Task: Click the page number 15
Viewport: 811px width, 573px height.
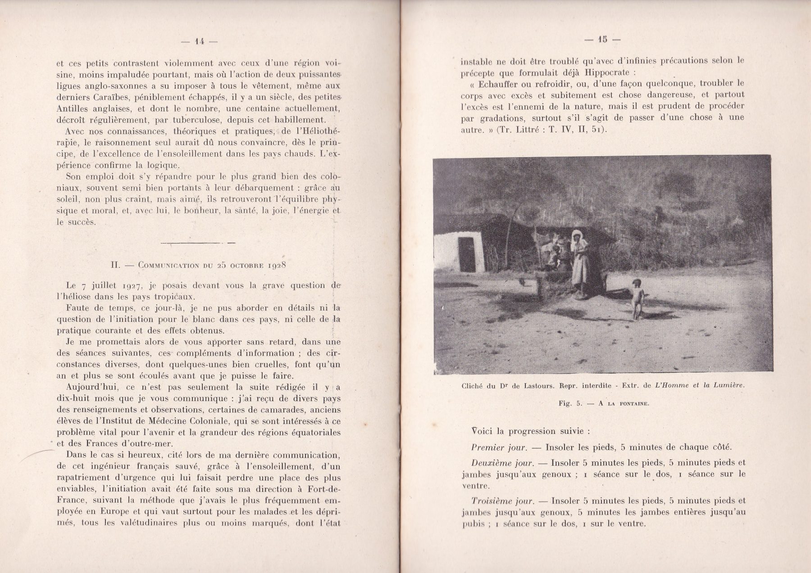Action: [x=602, y=40]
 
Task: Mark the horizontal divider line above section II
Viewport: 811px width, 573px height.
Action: [x=198, y=243]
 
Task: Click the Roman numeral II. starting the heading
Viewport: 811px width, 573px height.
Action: [x=115, y=265]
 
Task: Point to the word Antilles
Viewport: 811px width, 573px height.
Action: [x=73, y=109]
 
